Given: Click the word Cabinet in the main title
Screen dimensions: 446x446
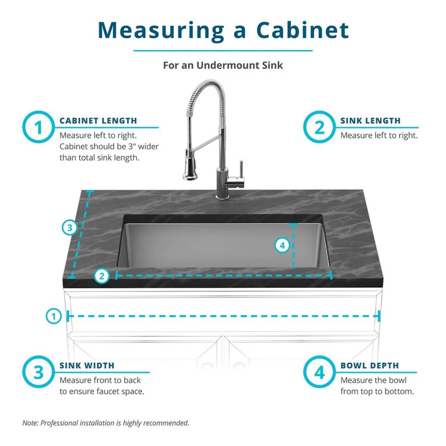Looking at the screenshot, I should click(x=302, y=30).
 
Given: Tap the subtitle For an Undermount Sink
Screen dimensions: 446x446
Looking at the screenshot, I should click(x=223, y=65).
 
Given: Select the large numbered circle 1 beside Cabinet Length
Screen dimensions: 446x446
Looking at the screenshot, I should click(x=39, y=128).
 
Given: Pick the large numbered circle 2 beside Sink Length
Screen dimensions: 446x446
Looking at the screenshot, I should click(x=319, y=128).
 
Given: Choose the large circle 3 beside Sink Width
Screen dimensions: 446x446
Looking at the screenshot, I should click(x=39, y=373).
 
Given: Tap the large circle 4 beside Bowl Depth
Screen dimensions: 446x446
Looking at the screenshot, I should click(x=319, y=373).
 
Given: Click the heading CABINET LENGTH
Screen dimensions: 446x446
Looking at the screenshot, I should click(x=98, y=121).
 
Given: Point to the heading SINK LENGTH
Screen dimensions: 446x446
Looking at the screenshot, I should click(x=370, y=121).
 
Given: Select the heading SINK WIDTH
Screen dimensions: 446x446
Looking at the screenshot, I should click(x=87, y=366).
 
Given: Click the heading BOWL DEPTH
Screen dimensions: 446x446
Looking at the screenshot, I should click(x=369, y=366).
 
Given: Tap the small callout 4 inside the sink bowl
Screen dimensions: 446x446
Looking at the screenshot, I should click(x=283, y=244).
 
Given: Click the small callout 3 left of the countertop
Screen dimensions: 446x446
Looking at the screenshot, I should click(x=70, y=227).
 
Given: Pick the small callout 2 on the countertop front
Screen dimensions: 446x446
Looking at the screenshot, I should click(x=102, y=275).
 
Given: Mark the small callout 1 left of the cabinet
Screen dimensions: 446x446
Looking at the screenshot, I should click(x=54, y=316).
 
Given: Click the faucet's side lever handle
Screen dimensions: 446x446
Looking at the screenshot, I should click(x=241, y=169).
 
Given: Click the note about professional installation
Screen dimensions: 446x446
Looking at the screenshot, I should click(x=106, y=423).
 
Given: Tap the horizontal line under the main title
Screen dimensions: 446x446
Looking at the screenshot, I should click(x=223, y=51).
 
